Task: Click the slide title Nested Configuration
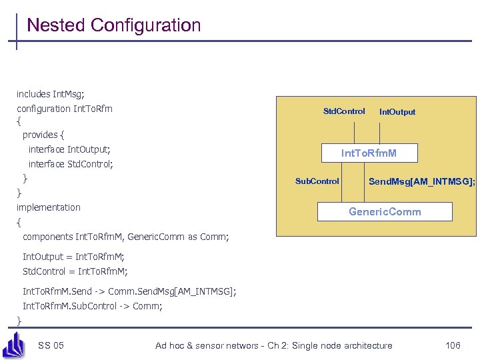point(113,25)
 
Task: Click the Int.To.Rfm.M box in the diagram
point(369,153)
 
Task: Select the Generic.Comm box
point(385,211)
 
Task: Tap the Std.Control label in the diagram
point(344,111)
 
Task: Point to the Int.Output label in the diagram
point(397,112)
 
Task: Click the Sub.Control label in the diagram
point(317,181)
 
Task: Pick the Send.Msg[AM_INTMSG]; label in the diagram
point(421,181)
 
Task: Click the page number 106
point(453,345)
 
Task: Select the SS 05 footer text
point(51,345)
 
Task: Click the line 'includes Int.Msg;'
point(51,94)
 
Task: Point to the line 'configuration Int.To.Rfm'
point(65,109)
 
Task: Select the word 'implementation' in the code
point(49,207)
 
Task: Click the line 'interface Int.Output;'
point(69,149)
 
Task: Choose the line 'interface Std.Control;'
point(71,164)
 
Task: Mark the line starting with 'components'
point(125,237)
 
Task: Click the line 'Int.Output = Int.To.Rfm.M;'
point(73,257)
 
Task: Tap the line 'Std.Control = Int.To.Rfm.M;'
point(75,271)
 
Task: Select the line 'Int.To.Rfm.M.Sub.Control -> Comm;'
point(93,306)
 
